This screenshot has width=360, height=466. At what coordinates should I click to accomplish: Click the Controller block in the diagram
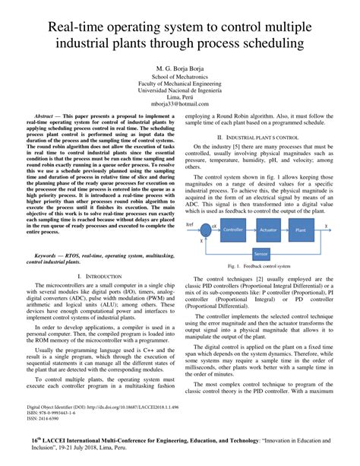point(233,229)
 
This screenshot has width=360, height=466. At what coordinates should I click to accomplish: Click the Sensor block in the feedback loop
point(261,253)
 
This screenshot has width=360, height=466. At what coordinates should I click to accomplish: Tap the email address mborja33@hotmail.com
point(180,103)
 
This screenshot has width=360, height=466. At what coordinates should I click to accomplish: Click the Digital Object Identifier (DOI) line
point(103,407)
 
